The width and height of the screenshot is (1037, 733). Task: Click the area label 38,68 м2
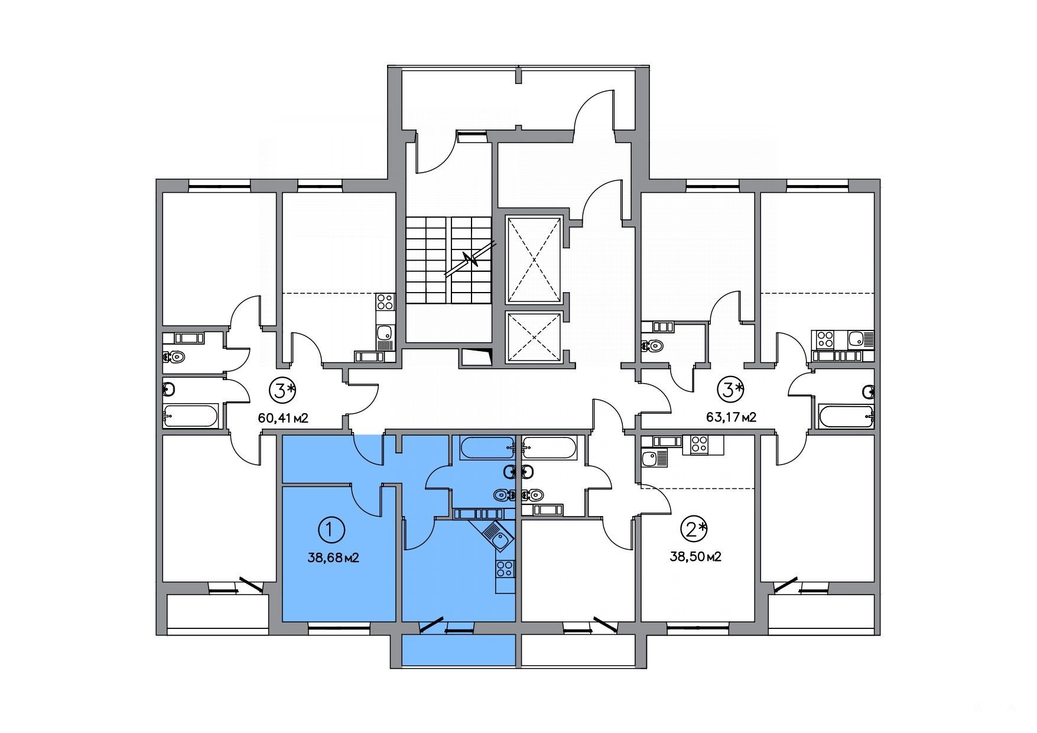point(334,557)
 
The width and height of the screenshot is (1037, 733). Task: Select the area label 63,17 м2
point(732,417)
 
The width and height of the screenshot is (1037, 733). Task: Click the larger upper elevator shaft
point(534,260)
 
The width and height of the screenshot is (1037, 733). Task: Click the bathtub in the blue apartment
point(487,448)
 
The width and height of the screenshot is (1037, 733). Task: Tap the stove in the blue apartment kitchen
point(505,569)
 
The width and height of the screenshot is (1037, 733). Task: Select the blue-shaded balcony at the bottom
point(459,651)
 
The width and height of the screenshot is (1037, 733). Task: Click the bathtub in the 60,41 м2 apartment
point(190,416)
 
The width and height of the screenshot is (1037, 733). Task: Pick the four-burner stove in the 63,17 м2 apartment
point(825,339)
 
